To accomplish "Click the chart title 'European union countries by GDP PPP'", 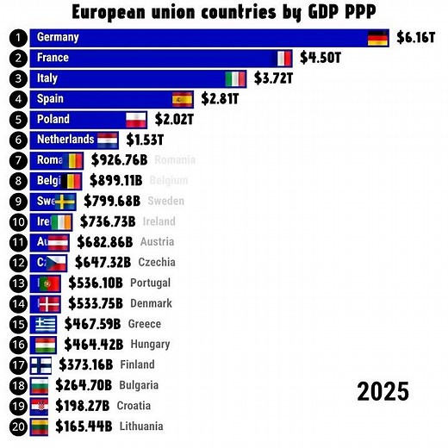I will pyautogui.click(x=223, y=11).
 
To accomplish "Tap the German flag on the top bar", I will pyautogui.click(x=377, y=37).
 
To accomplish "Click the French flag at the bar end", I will pyautogui.click(x=283, y=58).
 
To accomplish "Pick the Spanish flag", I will pyautogui.click(x=182, y=99).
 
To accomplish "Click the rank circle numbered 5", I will pyautogui.click(x=17, y=119).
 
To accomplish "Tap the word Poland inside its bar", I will pyautogui.click(x=53, y=119).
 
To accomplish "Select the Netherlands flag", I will pyautogui.click(x=108, y=140).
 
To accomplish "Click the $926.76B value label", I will pyautogui.click(x=119, y=160).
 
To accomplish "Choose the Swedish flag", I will pyautogui.click(x=65, y=201).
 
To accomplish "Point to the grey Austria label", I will pyautogui.click(x=157, y=242).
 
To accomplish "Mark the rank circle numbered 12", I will pyautogui.click(x=17, y=262).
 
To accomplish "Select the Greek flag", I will pyautogui.click(x=44, y=324).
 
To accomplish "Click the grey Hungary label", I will pyautogui.click(x=151, y=345).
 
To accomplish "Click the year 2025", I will pyautogui.click(x=383, y=392).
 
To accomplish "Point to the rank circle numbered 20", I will pyautogui.click(x=17, y=426).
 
